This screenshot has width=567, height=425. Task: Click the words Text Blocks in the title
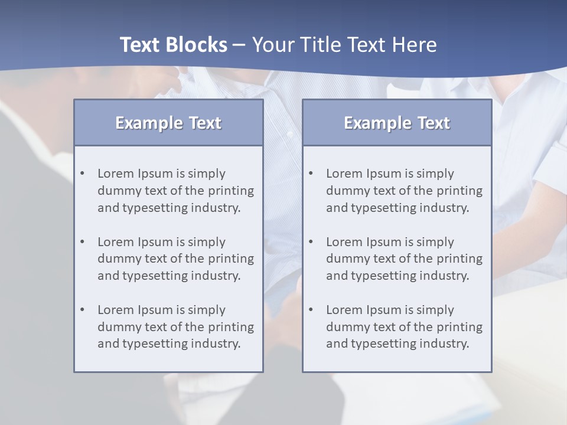(173, 45)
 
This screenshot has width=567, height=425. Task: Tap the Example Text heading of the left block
(168, 123)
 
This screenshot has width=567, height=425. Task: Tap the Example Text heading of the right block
(397, 123)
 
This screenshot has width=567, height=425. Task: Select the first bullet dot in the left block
(82, 174)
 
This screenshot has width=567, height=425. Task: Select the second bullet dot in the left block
(82, 242)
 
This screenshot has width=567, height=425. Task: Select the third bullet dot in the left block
(82, 310)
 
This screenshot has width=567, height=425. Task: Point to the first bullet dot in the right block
(311, 174)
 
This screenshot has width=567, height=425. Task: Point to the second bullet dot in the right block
(311, 242)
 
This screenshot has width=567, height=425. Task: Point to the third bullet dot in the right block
(311, 310)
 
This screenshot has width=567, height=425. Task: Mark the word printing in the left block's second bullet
(231, 259)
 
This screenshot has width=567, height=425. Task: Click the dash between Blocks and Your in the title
(239, 45)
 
